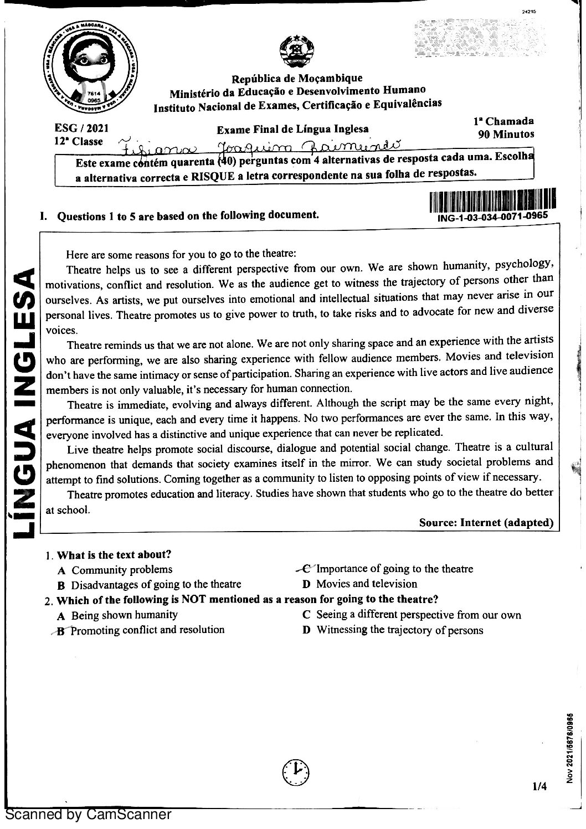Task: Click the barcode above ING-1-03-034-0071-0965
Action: point(492,200)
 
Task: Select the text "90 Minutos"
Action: point(506,134)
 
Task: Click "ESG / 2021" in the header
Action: point(82,128)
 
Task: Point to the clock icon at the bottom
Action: point(296,769)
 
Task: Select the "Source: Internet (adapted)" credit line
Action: point(486,522)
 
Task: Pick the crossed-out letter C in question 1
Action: point(305,569)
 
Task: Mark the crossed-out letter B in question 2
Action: point(60,630)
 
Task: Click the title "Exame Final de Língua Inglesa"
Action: point(292,130)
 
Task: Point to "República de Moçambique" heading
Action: point(297,78)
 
